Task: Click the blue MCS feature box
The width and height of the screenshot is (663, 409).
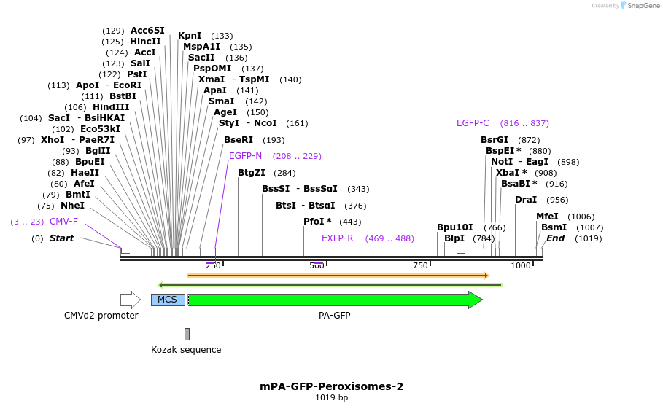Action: tap(167, 300)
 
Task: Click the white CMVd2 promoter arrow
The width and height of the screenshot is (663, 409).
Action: tap(130, 300)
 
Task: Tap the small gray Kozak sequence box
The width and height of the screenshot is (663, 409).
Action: tap(187, 334)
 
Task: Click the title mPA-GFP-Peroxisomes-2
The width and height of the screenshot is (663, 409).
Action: tap(331, 386)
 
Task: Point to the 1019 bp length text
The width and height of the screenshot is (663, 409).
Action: tap(331, 398)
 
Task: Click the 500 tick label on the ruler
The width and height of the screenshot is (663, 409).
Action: tap(317, 266)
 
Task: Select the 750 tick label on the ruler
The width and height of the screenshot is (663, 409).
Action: tap(420, 266)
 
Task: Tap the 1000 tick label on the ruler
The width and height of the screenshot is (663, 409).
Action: tap(521, 266)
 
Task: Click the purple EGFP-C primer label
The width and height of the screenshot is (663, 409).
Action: tap(473, 123)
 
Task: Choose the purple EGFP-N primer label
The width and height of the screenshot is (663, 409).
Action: tap(245, 156)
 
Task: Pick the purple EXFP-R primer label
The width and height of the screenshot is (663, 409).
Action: tap(337, 238)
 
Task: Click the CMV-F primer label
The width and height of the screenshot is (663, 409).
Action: tap(63, 222)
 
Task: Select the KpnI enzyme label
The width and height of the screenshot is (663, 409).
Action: tap(190, 36)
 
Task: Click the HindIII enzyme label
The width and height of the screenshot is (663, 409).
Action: tap(111, 107)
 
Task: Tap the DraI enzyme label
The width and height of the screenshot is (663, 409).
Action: tap(526, 200)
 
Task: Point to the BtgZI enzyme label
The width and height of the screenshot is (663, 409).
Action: tap(251, 173)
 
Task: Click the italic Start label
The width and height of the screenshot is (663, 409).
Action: tap(61, 238)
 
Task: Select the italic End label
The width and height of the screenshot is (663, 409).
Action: tap(555, 238)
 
